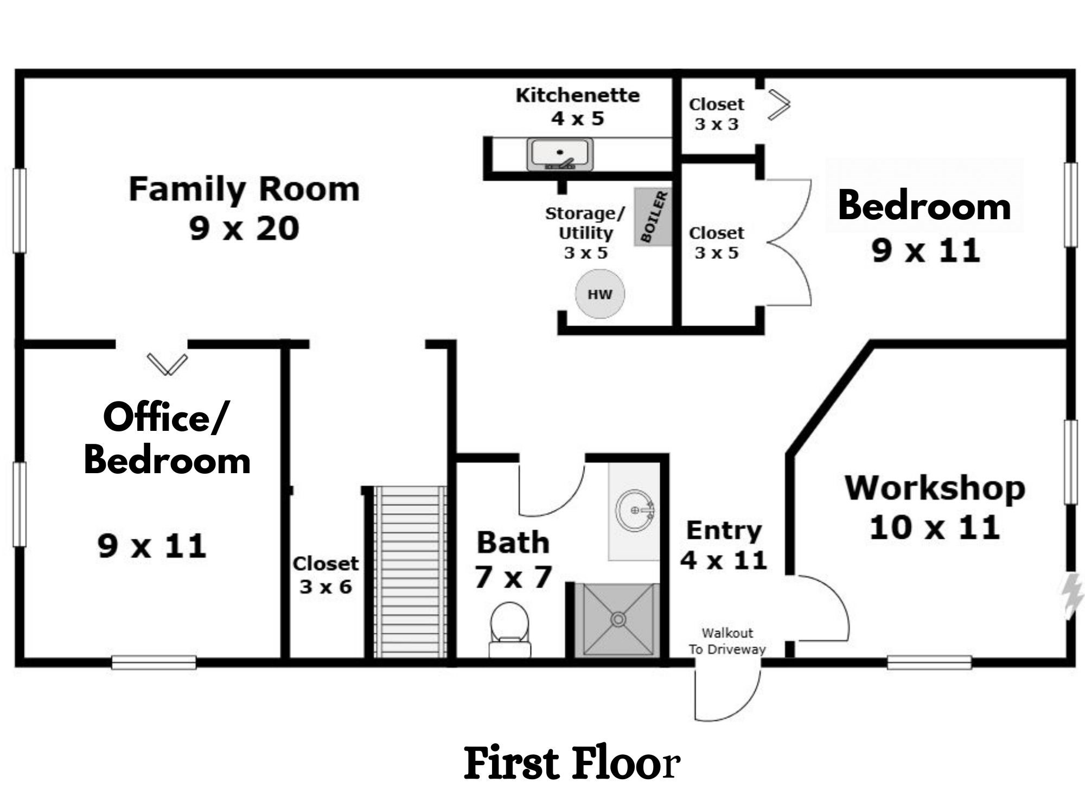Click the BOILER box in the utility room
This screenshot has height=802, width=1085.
click(653, 217)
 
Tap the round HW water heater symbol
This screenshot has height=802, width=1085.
click(599, 294)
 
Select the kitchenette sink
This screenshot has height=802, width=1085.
click(560, 154)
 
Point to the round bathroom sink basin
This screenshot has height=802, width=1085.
click(635, 510)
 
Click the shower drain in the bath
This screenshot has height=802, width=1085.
click(618, 619)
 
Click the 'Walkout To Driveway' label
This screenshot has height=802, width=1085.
click(727, 641)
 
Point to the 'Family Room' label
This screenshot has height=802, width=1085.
click(244, 189)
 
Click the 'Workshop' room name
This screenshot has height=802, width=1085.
click(935, 488)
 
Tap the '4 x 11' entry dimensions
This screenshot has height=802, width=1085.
click(724, 560)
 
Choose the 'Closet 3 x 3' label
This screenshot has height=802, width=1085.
click(716, 114)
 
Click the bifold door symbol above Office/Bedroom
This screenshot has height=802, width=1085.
click(167, 364)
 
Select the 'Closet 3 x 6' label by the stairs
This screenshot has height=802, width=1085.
click(325, 575)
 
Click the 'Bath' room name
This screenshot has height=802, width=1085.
click(513, 543)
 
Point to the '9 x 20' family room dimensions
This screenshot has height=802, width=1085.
click(244, 228)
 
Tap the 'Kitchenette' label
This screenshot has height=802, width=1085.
click(577, 96)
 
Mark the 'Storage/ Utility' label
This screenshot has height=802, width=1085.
click(585, 223)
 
